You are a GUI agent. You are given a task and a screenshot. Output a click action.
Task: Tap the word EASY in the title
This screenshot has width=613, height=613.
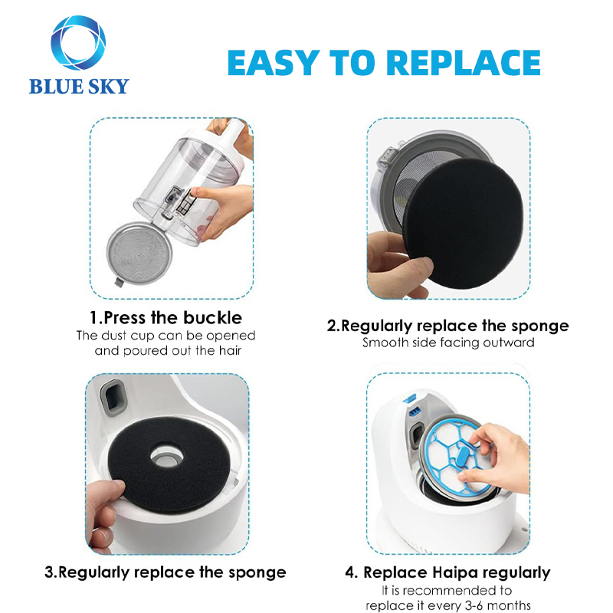click(x=277, y=63)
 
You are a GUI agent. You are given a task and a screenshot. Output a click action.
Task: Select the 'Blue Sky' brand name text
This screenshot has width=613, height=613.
click(x=78, y=86)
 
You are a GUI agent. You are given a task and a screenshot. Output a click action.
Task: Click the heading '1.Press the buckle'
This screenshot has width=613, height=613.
click(x=175, y=317)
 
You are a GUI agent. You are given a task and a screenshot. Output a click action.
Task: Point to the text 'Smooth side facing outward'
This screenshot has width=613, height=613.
click(x=448, y=343)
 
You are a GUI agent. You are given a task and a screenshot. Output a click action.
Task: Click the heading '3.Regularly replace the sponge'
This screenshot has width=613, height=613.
click(x=165, y=572)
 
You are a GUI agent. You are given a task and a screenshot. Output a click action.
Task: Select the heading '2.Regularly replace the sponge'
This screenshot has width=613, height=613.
click(x=448, y=325)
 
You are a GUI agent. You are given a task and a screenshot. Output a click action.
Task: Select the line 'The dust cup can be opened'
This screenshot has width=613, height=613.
click(x=175, y=336)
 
